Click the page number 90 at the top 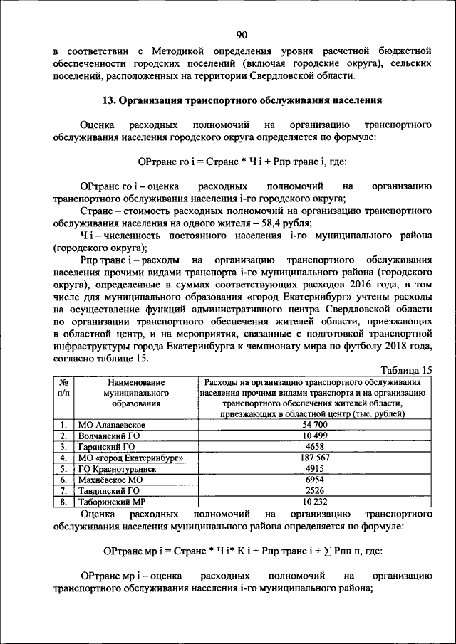pos(242,35)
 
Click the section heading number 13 pos(109,100)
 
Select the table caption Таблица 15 pos(406,370)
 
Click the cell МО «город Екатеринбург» pos(131,458)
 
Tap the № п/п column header pos(63,388)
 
